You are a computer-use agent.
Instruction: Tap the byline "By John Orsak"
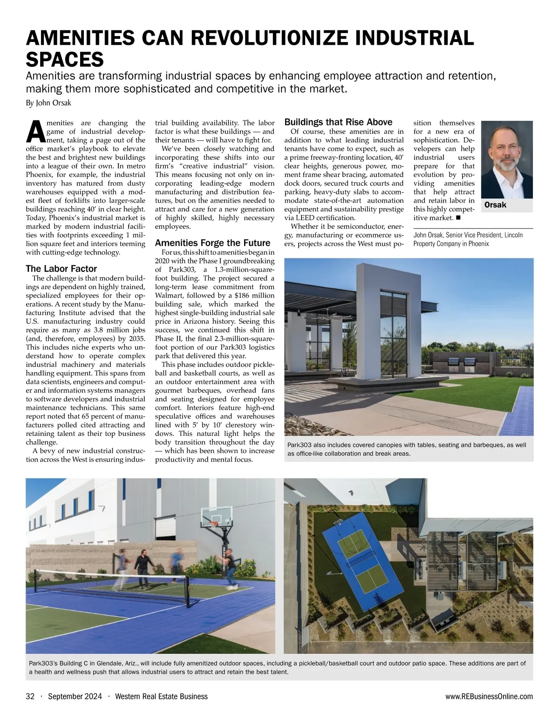(48, 103)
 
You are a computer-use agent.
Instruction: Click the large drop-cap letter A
(36, 131)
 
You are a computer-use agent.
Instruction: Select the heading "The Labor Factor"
(61, 269)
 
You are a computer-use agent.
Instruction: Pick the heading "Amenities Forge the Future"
(212, 243)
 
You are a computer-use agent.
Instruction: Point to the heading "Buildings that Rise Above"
(338, 122)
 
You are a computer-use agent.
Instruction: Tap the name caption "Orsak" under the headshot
(495, 205)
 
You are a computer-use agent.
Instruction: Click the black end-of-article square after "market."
(458, 217)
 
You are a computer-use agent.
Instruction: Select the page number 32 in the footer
(30, 697)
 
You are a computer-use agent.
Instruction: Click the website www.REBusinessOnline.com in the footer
(489, 697)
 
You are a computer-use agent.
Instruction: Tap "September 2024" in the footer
(75, 697)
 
